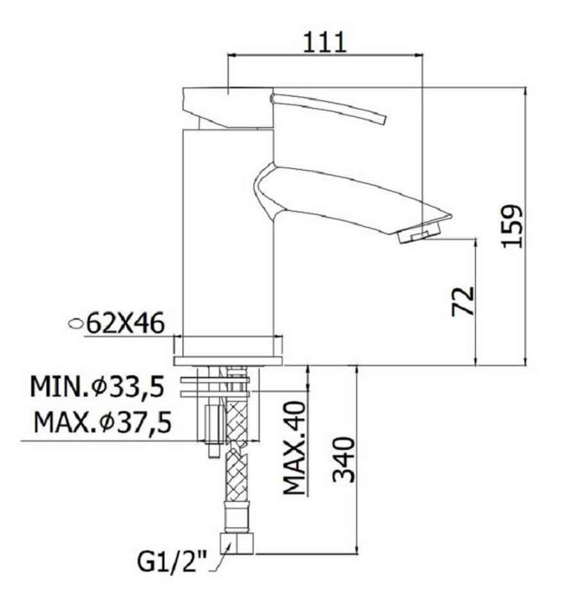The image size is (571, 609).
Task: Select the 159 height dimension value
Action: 512,226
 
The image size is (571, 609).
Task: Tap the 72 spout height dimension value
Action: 463,301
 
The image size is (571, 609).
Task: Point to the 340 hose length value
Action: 344,460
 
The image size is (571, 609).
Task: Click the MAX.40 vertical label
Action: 295,448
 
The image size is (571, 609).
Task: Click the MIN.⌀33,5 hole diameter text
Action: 97,387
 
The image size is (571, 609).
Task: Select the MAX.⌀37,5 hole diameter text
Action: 103,422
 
